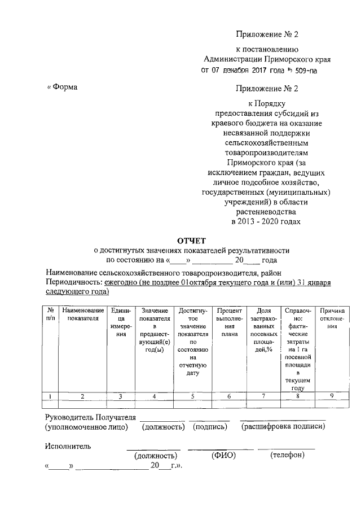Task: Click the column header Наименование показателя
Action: pyautogui.click(x=82, y=315)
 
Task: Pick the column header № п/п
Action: pyautogui.click(x=50, y=315)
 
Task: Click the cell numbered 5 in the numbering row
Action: pyautogui.click(x=192, y=396)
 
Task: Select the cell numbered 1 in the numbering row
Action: pyautogui.click(x=50, y=396)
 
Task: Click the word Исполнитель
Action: pyautogui.click(x=68, y=446)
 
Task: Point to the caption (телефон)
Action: pyautogui.click(x=288, y=455)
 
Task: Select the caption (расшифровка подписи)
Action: pyautogui.click(x=283, y=427)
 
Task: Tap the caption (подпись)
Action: pyautogui.click(x=210, y=427)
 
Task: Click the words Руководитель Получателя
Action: pyautogui.click(x=90, y=417)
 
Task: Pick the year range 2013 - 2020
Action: pyautogui.click(x=253, y=222)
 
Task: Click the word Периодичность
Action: pyautogui.click(x=73, y=282)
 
